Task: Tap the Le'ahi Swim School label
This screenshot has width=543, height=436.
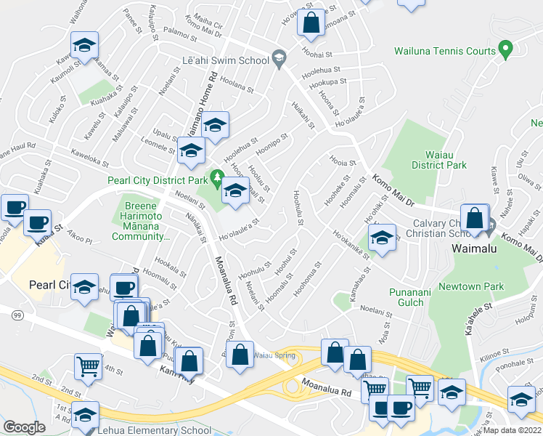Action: tap(224, 60)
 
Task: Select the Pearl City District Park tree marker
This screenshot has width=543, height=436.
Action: tap(216, 177)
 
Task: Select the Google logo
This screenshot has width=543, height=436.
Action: tap(24, 427)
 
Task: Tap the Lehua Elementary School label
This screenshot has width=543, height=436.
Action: tap(155, 430)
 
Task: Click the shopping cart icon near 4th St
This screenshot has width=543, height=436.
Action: tap(88, 368)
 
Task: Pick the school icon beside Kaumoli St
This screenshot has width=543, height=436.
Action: tap(85, 47)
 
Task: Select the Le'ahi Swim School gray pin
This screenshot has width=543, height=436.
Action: tap(278, 57)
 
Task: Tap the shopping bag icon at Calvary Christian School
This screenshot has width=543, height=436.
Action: tap(474, 218)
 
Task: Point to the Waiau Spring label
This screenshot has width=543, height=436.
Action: tap(276, 355)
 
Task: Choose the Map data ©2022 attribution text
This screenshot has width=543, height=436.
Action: tap(513, 430)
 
